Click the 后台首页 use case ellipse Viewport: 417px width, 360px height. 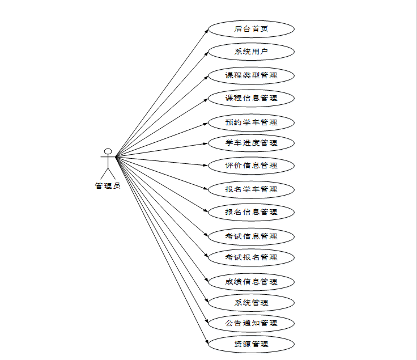(251, 29)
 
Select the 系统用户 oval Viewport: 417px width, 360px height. (251, 52)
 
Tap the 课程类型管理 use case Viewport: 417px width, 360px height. (251, 75)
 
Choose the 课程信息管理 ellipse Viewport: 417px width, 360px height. (251, 98)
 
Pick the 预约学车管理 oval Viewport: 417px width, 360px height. (251, 122)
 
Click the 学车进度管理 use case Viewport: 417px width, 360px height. (251, 142)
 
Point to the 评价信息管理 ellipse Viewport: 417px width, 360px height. (251, 166)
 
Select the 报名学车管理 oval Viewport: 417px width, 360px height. (251, 189)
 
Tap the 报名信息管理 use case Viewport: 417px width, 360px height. (251, 212)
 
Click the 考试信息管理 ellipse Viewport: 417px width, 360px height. (251, 236)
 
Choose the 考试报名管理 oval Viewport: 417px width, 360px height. (251, 257)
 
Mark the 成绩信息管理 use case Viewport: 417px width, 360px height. (251, 281)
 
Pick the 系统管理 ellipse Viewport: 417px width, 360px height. (251, 302)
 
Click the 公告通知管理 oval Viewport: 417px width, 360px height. (251, 323)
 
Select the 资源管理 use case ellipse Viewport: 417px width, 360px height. (251, 344)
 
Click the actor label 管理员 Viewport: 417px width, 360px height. (108, 186)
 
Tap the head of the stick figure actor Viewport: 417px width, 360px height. (108, 151)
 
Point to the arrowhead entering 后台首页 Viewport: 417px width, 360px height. (206, 30)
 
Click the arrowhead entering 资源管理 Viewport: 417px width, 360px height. (206, 342)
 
